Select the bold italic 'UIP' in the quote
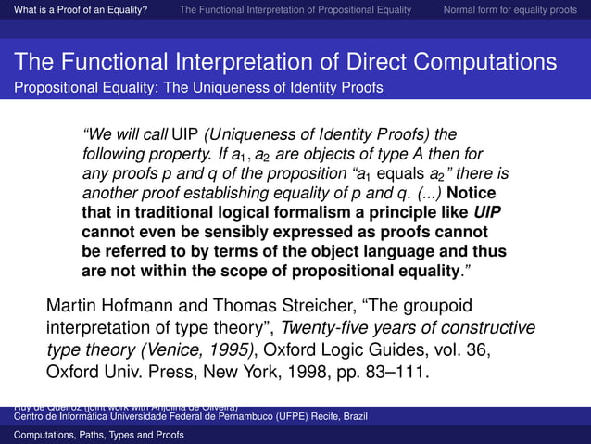pyautogui.click(x=490, y=212)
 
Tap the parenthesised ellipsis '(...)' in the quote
pyautogui.click(x=423, y=193)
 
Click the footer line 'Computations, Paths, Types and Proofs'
pyautogui.click(x=92, y=435)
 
